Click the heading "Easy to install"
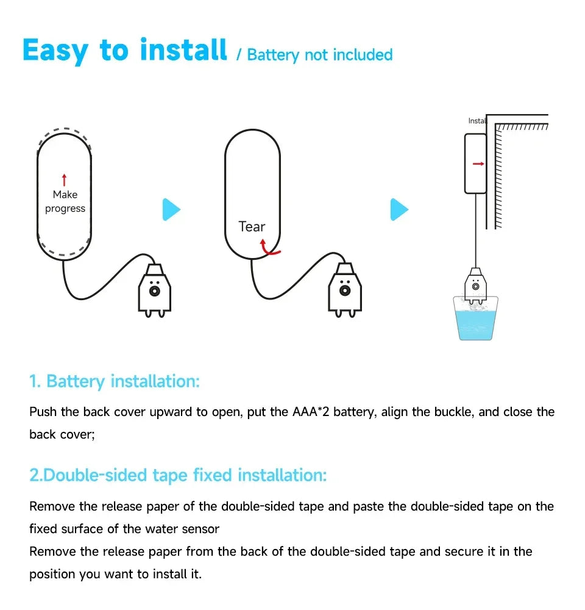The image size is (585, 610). click(124, 50)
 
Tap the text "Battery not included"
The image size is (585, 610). click(320, 55)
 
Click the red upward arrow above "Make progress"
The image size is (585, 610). click(65, 179)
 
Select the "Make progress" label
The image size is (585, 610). click(65, 201)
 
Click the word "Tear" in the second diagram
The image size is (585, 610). click(252, 227)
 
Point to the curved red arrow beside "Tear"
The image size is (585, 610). click(269, 247)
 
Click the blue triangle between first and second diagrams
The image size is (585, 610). click(171, 210)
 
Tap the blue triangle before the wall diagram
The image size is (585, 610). click(399, 210)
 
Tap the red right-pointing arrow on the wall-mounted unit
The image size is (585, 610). click(478, 163)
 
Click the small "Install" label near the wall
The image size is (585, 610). click(477, 121)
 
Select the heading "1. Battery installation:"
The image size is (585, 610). click(115, 382)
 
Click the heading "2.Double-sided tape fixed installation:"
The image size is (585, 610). click(178, 475)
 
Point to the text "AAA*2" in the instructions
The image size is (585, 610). click(311, 412)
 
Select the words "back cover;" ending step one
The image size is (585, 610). click(62, 434)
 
